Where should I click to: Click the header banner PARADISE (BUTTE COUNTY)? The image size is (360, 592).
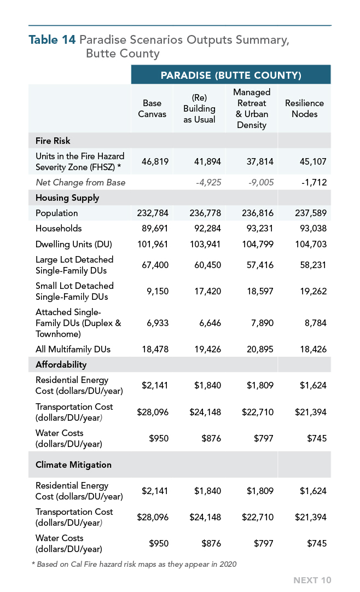231,75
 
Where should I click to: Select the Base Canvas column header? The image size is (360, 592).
152,109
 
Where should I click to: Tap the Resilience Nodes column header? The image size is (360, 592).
305,109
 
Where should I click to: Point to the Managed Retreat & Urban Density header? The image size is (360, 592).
252,109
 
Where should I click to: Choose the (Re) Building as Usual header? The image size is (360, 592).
199,109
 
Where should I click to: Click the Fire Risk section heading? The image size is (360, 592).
53,141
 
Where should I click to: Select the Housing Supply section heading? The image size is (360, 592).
67,198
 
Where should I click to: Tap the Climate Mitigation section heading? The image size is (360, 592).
73,465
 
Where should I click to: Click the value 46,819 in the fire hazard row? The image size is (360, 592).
155,161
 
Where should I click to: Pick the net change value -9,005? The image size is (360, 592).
261,182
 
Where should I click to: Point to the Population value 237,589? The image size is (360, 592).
311,213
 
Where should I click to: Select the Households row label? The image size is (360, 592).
59,228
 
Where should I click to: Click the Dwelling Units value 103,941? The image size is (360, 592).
205,244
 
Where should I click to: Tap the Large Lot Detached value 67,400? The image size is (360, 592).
155,265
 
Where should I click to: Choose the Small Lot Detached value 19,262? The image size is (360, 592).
313,292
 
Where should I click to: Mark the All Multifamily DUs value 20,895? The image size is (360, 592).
260,350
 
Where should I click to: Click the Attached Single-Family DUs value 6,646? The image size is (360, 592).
210,323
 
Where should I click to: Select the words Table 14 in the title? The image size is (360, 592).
52,39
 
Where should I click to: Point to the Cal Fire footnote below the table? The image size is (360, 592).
135,564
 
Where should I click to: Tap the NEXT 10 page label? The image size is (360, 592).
312,581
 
